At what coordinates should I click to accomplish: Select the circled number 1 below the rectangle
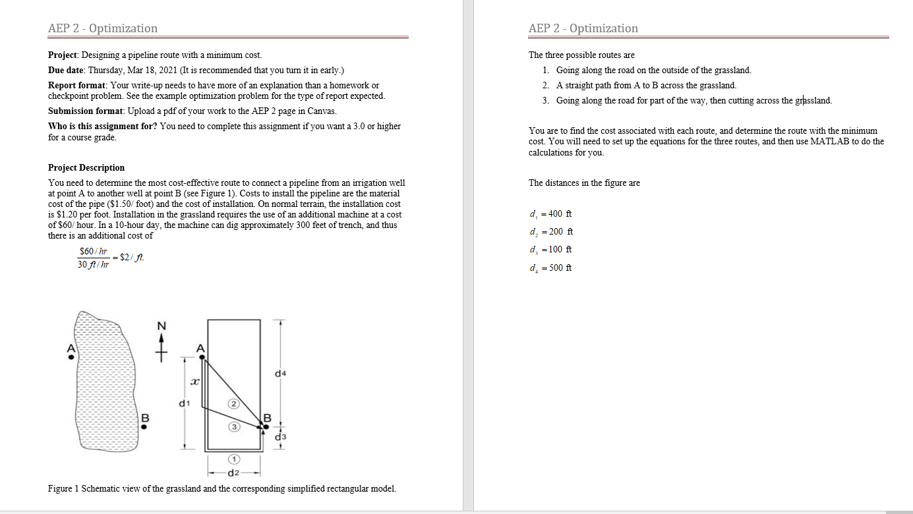click(x=233, y=459)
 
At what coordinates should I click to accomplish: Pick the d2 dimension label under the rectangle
click(x=233, y=473)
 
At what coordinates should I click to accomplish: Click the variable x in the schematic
click(x=194, y=381)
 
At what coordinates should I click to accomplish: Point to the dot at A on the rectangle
click(x=202, y=357)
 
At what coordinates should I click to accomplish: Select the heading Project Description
click(x=86, y=167)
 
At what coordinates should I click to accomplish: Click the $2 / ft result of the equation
click(x=131, y=258)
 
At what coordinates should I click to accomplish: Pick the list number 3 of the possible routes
click(x=546, y=100)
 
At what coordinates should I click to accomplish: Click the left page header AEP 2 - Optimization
click(x=103, y=28)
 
